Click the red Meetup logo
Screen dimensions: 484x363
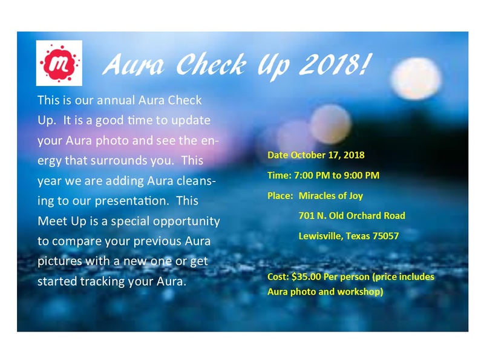[59, 64]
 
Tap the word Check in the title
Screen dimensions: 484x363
[212, 65]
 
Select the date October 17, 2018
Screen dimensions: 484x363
[327, 155]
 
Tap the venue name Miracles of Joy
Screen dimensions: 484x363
[330, 195]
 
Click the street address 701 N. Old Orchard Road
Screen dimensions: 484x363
[352, 215]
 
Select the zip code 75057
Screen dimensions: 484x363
[385, 236]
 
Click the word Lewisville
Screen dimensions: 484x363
[321, 236]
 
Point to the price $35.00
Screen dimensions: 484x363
[306, 276]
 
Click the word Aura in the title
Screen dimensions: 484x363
[133, 65]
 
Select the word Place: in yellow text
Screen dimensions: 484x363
[280, 195]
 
